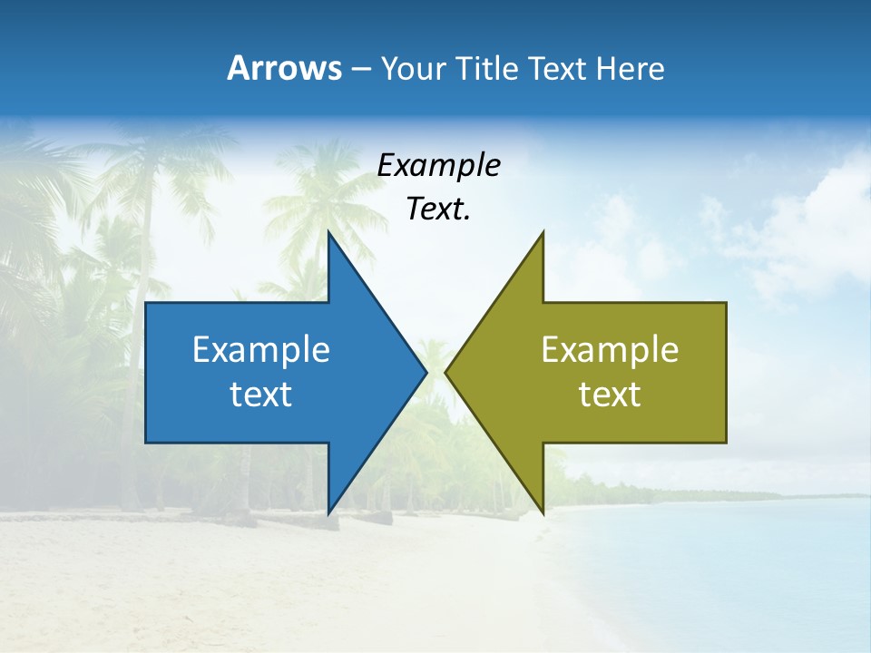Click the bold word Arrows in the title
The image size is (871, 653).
coord(284,68)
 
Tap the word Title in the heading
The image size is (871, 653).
coord(487,68)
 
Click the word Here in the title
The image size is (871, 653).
coord(630,68)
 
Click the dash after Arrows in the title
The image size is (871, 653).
coord(361,69)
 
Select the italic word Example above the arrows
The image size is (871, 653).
coord(438,165)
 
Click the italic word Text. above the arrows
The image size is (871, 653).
coord(438,210)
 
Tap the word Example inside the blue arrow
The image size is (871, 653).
coord(261,349)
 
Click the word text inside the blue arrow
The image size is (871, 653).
coord(261,394)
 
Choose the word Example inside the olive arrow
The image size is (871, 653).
coord(610,349)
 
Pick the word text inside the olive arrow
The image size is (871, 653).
coord(610,394)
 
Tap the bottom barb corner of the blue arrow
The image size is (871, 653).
coord(328,512)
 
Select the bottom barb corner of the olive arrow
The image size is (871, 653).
coord(543,512)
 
